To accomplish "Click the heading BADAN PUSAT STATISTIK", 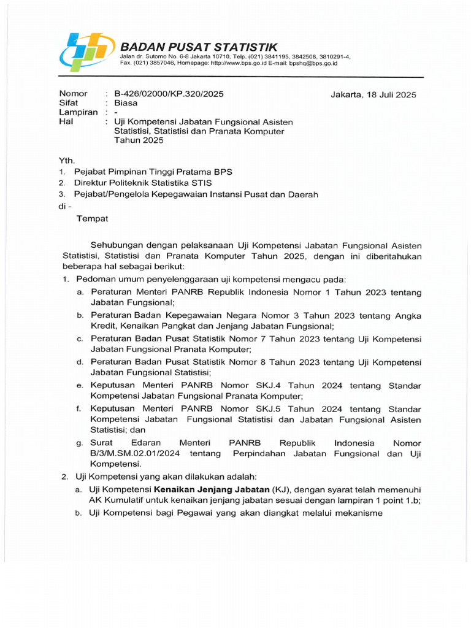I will (x=198, y=47).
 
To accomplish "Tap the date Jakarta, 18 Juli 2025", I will (x=373, y=94).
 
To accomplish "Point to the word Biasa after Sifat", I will (x=126, y=103).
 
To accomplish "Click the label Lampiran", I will (x=78, y=112).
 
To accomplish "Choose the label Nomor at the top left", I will (x=73, y=94).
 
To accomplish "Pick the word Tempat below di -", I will (x=92, y=218).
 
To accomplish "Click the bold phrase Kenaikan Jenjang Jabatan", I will (x=212, y=489).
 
